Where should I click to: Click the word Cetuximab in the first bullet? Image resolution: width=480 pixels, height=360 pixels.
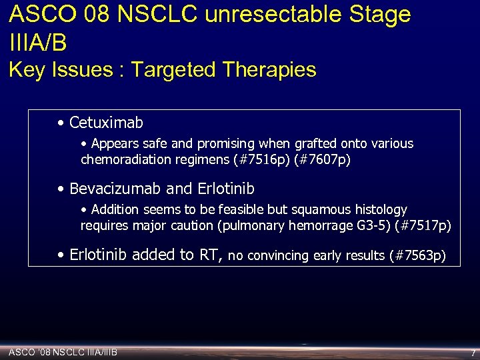106,123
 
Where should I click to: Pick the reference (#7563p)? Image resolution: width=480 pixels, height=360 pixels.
417,255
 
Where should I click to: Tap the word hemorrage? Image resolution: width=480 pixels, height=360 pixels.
317,225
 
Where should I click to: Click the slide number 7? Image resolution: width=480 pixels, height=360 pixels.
473,352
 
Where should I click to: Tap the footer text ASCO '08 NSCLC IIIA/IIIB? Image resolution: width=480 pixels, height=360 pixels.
63,351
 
